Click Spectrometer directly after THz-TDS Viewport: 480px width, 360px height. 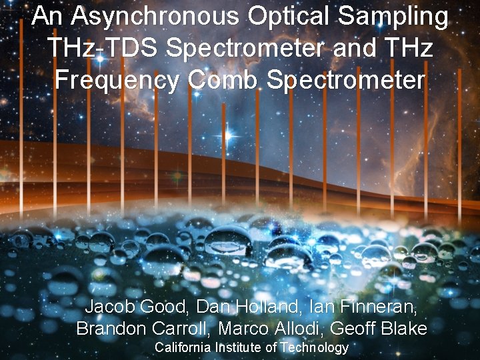tap(246, 49)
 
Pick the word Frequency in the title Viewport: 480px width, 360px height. tap(117, 81)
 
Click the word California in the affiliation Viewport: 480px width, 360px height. tap(181, 347)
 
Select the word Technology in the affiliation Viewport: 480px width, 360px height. tap(314, 348)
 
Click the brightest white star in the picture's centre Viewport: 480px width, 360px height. tap(227, 136)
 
